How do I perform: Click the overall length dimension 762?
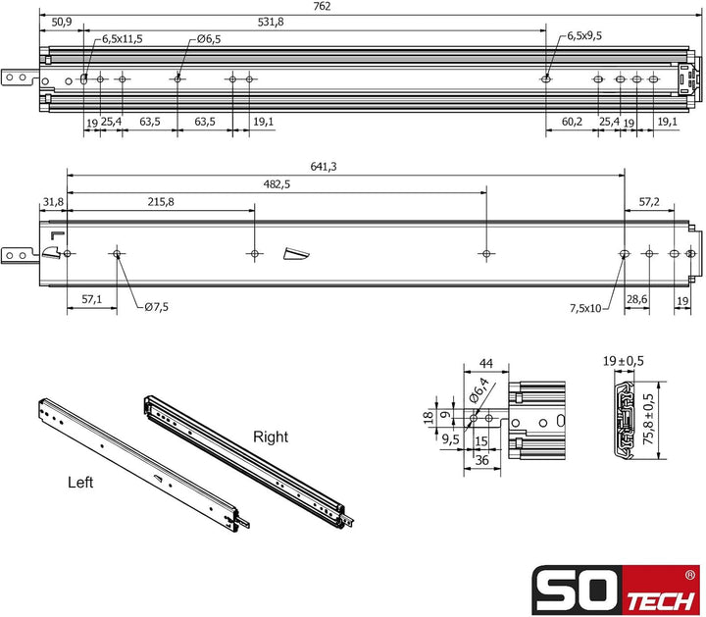click(x=348, y=8)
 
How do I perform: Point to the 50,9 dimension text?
click(x=60, y=22)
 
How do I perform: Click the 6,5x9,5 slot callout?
click(x=584, y=36)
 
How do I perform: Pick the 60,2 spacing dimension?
click(x=573, y=122)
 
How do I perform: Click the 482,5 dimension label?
click(x=277, y=184)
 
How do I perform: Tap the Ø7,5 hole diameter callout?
click(x=156, y=307)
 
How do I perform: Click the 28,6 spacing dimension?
click(x=636, y=297)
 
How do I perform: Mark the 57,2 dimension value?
click(x=649, y=201)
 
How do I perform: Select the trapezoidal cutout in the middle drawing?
click(x=294, y=255)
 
